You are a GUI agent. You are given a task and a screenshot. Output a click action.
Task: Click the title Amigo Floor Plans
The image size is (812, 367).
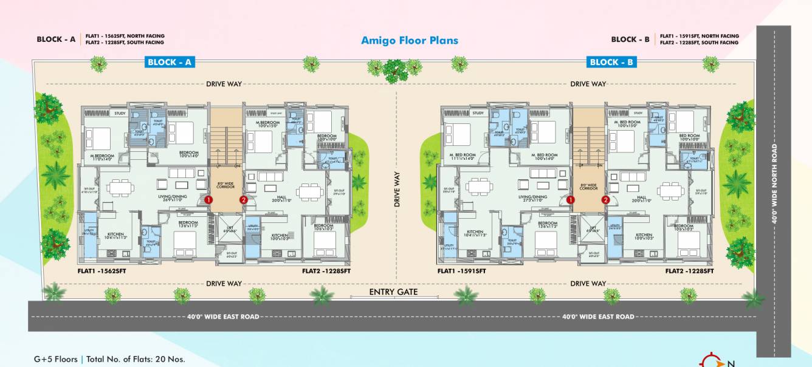click(x=410, y=41)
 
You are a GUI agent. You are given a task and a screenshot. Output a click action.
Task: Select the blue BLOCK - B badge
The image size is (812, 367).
click(x=612, y=62)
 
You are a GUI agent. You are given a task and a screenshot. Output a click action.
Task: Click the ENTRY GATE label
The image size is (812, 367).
click(x=394, y=292)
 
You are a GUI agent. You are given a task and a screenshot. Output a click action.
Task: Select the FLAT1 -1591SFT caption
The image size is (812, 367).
click(x=461, y=271)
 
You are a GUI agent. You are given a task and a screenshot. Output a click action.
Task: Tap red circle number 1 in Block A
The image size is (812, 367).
click(x=208, y=199)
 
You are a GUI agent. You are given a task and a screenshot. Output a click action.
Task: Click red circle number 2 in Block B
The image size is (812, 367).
click(x=605, y=199)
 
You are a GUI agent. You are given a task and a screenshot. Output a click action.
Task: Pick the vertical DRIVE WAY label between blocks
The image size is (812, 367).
click(x=397, y=190)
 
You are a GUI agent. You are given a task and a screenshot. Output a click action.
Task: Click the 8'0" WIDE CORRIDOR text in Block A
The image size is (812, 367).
click(x=225, y=186)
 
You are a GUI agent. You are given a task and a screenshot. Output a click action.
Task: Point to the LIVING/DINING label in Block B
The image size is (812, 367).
click(x=533, y=197)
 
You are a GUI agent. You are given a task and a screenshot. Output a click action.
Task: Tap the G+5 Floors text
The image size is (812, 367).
click(x=55, y=359)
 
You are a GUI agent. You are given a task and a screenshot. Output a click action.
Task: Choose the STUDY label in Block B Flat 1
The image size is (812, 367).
click(x=478, y=113)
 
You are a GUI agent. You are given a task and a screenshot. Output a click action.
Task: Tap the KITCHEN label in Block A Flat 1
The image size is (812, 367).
click(x=115, y=234)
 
